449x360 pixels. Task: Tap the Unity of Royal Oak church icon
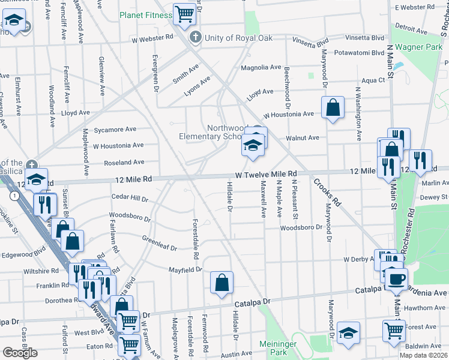[194, 38]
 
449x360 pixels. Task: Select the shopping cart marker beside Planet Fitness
[185, 14]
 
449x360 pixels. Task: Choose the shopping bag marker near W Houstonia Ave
[333, 109]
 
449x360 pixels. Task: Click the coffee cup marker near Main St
[396, 279]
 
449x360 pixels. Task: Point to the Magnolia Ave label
[261, 68]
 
